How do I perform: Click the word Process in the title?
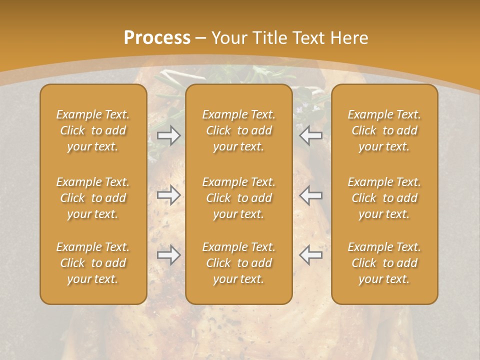[157, 37]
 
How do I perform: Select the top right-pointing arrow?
[169, 135]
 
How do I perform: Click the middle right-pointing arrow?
[169, 195]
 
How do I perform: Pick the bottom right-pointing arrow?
[169, 255]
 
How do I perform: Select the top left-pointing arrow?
[311, 135]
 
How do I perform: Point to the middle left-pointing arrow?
[311, 195]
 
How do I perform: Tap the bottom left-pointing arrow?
[311, 255]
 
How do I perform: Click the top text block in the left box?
[93, 130]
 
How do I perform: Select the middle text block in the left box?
[93, 198]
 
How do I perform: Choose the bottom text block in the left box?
[93, 263]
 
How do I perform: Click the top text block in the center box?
[239, 130]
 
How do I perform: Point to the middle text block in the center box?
[239, 198]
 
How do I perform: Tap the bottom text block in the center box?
[239, 263]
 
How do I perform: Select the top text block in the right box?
[384, 130]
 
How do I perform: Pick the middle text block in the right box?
[384, 198]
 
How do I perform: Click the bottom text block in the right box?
[384, 263]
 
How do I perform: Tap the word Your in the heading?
[228, 37]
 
